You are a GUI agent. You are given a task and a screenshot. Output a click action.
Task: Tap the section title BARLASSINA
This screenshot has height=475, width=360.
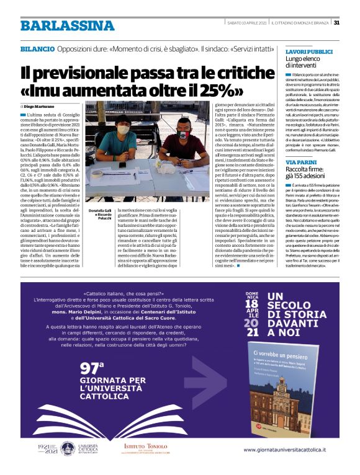(58, 25)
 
